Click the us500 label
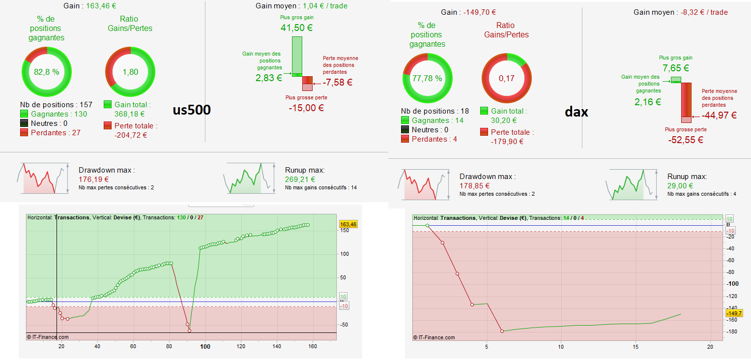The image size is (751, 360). pyautogui.click(x=192, y=110)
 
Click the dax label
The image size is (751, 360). pyautogui.click(x=577, y=112)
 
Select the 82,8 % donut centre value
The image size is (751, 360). pyautogui.click(x=47, y=72)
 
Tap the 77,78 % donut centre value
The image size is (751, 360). pyautogui.click(x=427, y=78)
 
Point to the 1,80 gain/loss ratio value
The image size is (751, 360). pyautogui.click(x=130, y=72)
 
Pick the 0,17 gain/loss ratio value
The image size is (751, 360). pyautogui.click(x=506, y=78)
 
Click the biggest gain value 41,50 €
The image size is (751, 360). pyautogui.click(x=296, y=28)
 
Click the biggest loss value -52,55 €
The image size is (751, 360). pyautogui.click(x=686, y=140)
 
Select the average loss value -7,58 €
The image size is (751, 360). pyautogui.click(x=338, y=82)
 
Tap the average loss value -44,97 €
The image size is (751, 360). pyautogui.click(x=719, y=116)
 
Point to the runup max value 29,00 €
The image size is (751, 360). pyautogui.click(x=680, y=185)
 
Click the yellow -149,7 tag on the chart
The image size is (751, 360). pyautogui.click(x=734, y=313)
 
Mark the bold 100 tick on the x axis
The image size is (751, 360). pyautogui.click(x=205, y=347)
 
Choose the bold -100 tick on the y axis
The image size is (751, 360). pyautogui.click(x=732, y=284)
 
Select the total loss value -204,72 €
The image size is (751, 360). pyautogui.click(x=131, y=135)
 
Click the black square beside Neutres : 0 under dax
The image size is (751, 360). pyautogui.click(x=405, y=130)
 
